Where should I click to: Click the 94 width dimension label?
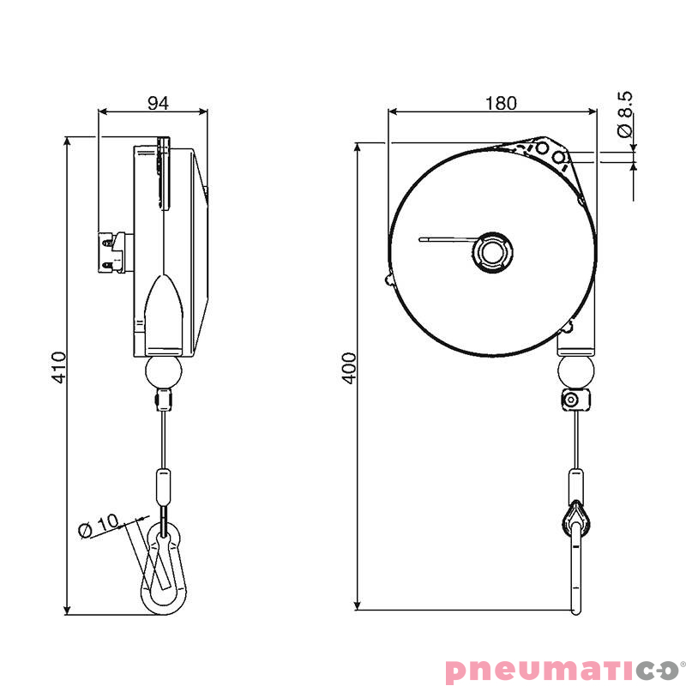tap(158, 103)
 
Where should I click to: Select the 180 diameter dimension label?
tap(501, 103)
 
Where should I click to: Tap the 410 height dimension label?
tap(58, 367)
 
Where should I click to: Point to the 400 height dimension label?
tap(349, 369)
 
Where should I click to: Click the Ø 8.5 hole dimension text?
tap(625, 114)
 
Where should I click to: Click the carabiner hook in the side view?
tap(164, 569)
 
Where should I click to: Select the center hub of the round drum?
tap(492, 253)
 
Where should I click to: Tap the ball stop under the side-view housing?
tap(163, 372)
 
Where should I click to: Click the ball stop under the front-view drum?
tap(575, 371)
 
